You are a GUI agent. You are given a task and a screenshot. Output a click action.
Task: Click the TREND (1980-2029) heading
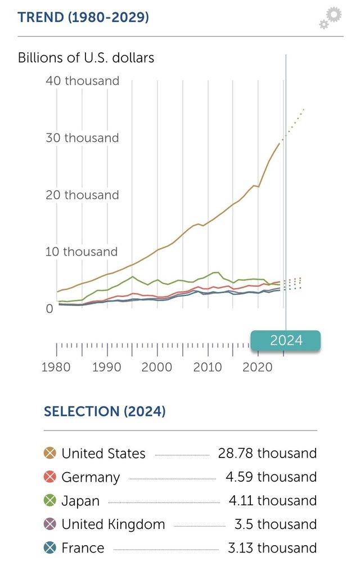pyautogui.click(x=83, y=17)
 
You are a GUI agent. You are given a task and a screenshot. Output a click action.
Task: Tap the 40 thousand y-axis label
pyautogui.click(x=82, y=81)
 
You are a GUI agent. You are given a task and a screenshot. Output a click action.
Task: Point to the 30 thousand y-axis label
pyautogui.click(x=82, y=138)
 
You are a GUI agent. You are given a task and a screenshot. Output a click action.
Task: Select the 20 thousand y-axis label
pyautogui.click(x=82, y=195)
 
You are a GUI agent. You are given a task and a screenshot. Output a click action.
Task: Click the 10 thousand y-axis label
pyautogui.click(x=82, y=252)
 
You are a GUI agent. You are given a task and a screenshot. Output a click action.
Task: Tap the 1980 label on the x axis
pyautogui.click(x=56, y=367)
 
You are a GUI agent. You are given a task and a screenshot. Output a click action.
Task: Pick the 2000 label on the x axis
pyautogui.click(x=157, y=367)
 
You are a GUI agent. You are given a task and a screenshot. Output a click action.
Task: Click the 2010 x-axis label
pyautogui.click(x=208, y=367)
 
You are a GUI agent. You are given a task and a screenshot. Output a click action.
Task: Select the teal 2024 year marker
pyautogui.click(x=286, y=340)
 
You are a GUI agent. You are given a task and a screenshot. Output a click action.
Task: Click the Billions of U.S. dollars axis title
pyautogui.click(x=86, y=57)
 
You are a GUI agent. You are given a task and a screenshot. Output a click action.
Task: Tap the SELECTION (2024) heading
pyautogui.click(x=105, y=411)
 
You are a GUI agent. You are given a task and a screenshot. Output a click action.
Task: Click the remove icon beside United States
pyautogui.click(x=50, y=453)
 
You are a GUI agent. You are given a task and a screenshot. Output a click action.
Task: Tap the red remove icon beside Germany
pyautogui.click(x=50, y=477)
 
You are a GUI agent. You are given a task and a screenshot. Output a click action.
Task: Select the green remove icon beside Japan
pyautogui.click(x=50, y=501)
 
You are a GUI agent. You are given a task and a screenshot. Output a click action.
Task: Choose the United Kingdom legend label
pyautogui.click(x=113, y=524)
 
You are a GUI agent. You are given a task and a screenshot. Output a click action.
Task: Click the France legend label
pyautogui.click(x=83, y=548)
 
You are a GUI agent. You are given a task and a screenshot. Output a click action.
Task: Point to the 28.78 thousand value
pyautogui.click(x=267, y=453)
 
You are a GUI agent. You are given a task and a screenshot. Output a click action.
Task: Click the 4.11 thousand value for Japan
pyautogui.click(x=271, y=501)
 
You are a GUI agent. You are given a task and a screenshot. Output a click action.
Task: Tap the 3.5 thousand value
pyautogui.click(x=276, y=524)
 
